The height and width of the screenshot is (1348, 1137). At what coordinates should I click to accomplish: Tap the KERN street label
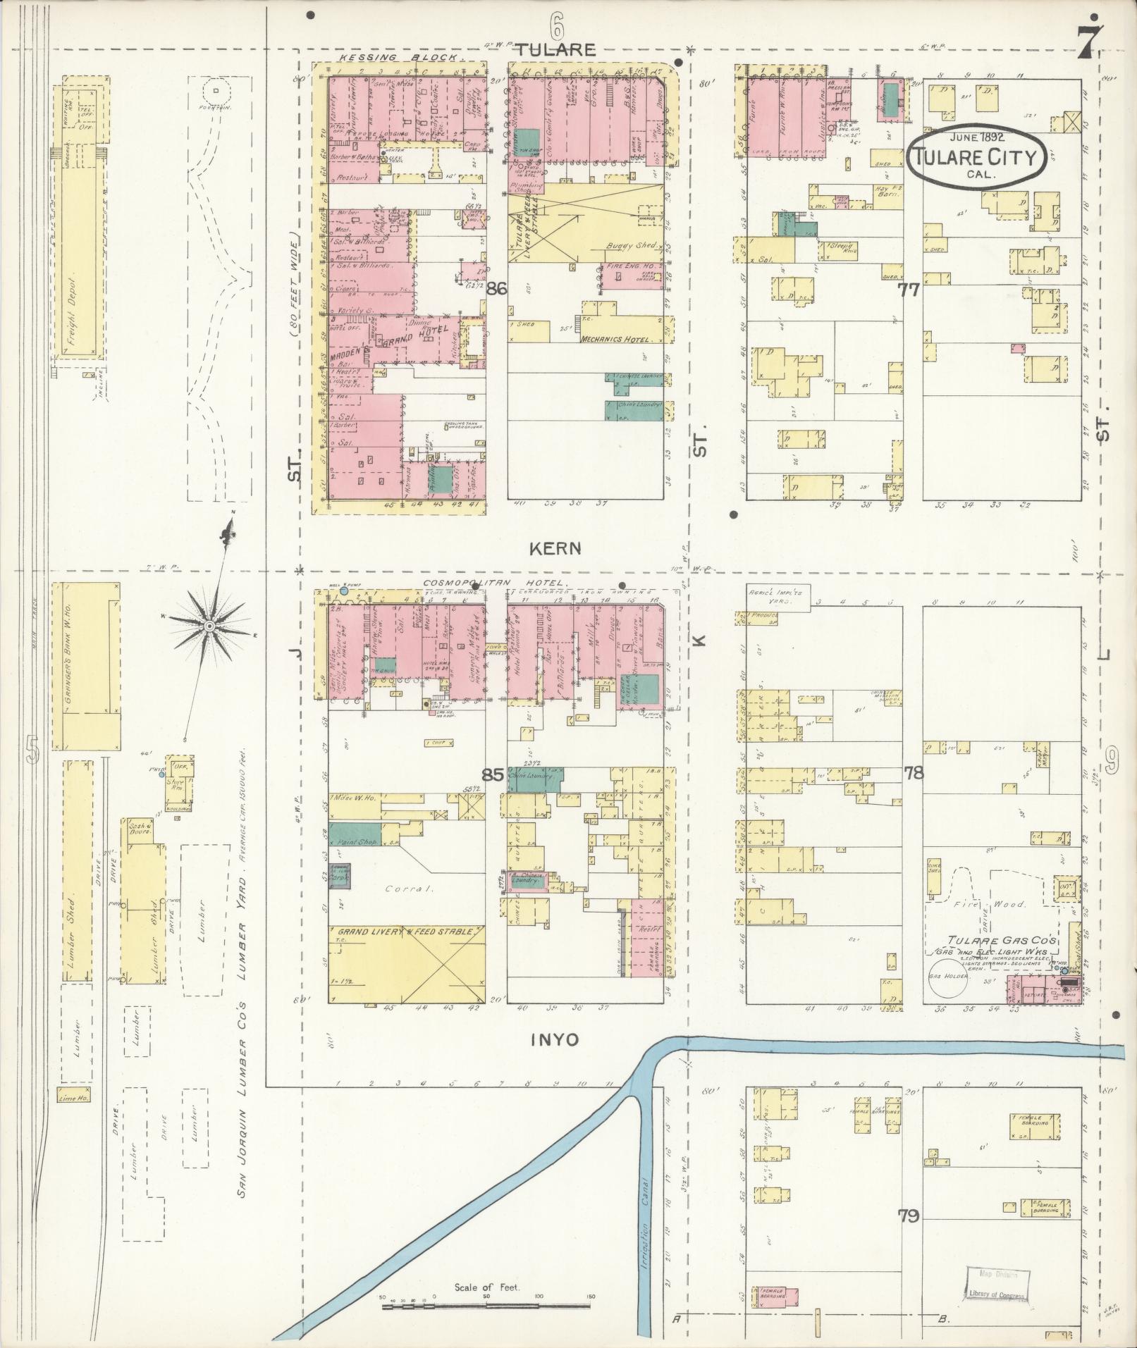pos(556,548)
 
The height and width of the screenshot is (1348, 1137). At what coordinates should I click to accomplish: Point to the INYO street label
pos(555,1039)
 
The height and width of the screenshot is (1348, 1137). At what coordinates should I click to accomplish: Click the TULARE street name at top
pos(555,49)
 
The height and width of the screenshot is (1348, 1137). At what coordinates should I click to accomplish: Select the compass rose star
pos(209,626)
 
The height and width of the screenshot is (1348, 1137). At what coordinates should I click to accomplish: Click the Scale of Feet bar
pos(486,1306)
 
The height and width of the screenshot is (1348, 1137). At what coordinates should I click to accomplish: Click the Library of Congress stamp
pos(997,1285)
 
